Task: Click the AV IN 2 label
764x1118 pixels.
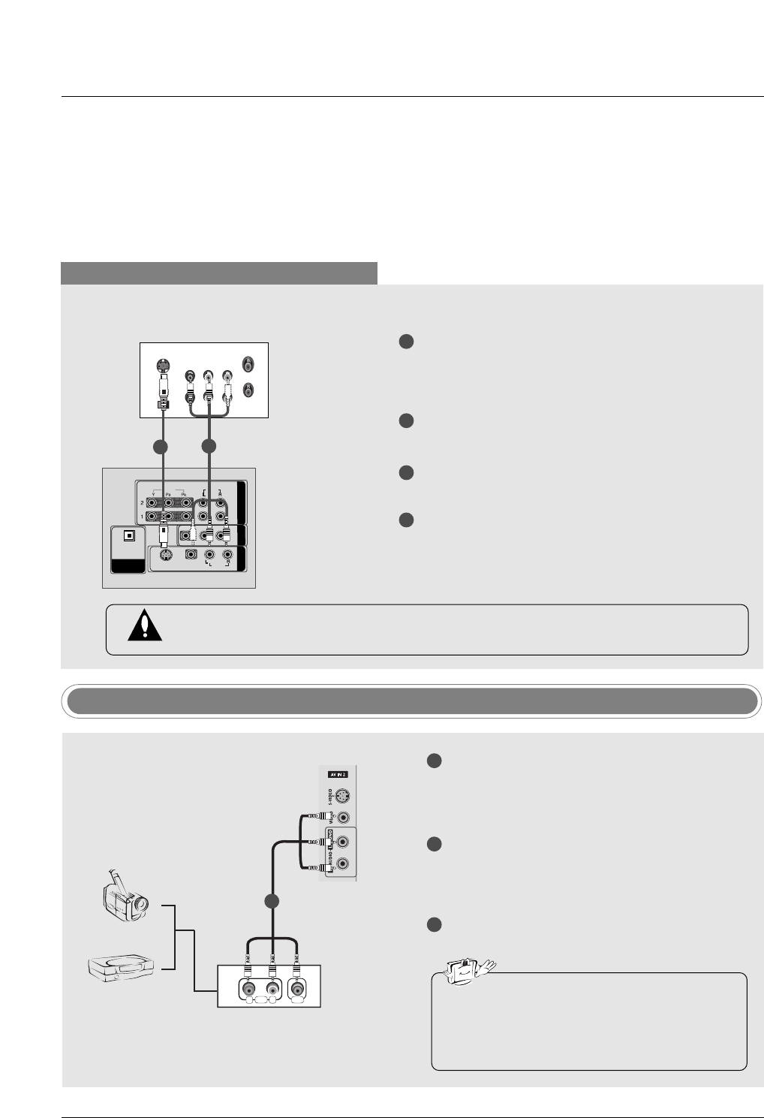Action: coord(337,773)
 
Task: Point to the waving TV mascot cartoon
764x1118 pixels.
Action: coord(465,970)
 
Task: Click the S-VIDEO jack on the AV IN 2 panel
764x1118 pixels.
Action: coord(343,796)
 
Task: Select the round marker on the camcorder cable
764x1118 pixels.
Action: coord(272,900)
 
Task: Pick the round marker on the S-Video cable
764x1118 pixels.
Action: coord(159,447)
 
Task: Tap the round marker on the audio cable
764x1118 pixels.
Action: coord(209,447)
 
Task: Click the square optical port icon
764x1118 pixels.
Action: coord(130,536)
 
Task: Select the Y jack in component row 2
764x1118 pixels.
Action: coord(152,502)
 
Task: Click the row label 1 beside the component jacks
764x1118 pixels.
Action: coord(142,517)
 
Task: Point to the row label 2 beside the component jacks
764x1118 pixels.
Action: coord(142,502)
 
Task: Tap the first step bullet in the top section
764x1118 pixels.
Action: coord(406,342)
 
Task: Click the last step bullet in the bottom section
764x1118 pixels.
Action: coord(434,924)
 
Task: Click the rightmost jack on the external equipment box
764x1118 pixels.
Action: coord(299,988)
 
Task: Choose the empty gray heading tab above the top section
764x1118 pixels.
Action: coord(218,273)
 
